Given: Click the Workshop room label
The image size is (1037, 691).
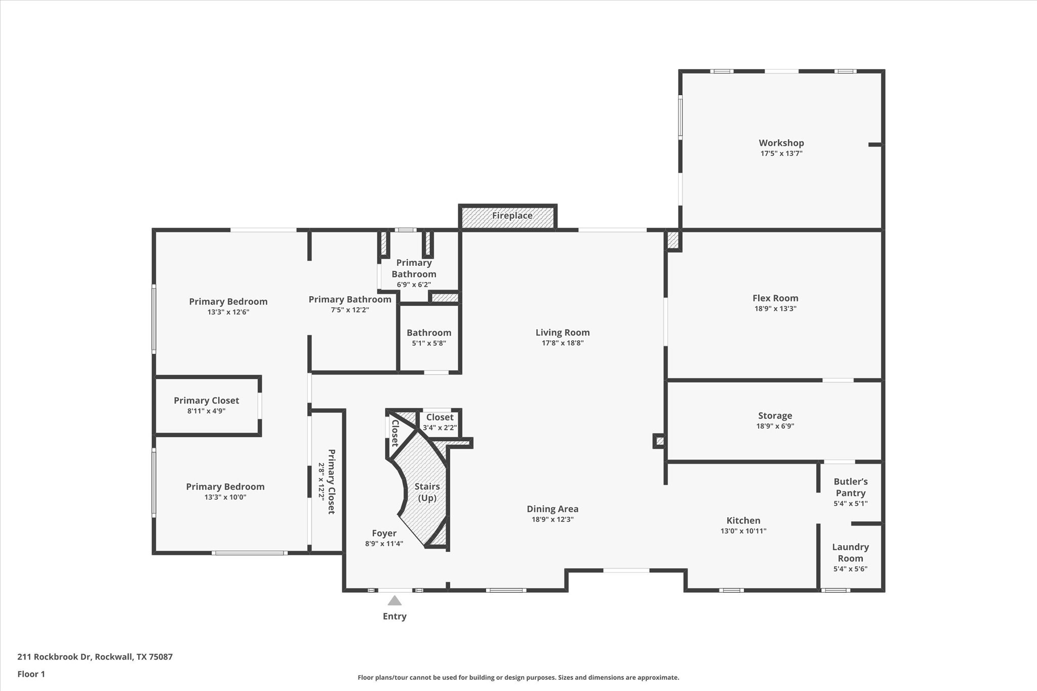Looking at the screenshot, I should pos(781,143).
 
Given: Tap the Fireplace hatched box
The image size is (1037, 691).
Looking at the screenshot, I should pos(508,217).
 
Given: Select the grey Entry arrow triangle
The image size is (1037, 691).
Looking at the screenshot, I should pos(394,601).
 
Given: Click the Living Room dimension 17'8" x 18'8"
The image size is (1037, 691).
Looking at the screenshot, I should pos(563,343).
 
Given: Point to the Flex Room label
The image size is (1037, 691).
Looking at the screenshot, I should pos(775,298).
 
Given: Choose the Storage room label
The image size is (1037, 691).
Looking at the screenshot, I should pos(775,416).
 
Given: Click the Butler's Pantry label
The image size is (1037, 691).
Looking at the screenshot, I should pos(850,487).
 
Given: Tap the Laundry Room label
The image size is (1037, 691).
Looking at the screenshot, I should pos(850,552).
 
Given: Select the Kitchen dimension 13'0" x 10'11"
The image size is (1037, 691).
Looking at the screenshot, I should pos(743,531).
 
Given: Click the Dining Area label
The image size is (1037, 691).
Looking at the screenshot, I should pos(552,509).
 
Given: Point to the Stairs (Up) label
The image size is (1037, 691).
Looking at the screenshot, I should pos(427,492).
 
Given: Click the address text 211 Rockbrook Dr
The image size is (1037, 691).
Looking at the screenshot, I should pos(54,657).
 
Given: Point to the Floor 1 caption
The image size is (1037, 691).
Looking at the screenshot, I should pos(31,674).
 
